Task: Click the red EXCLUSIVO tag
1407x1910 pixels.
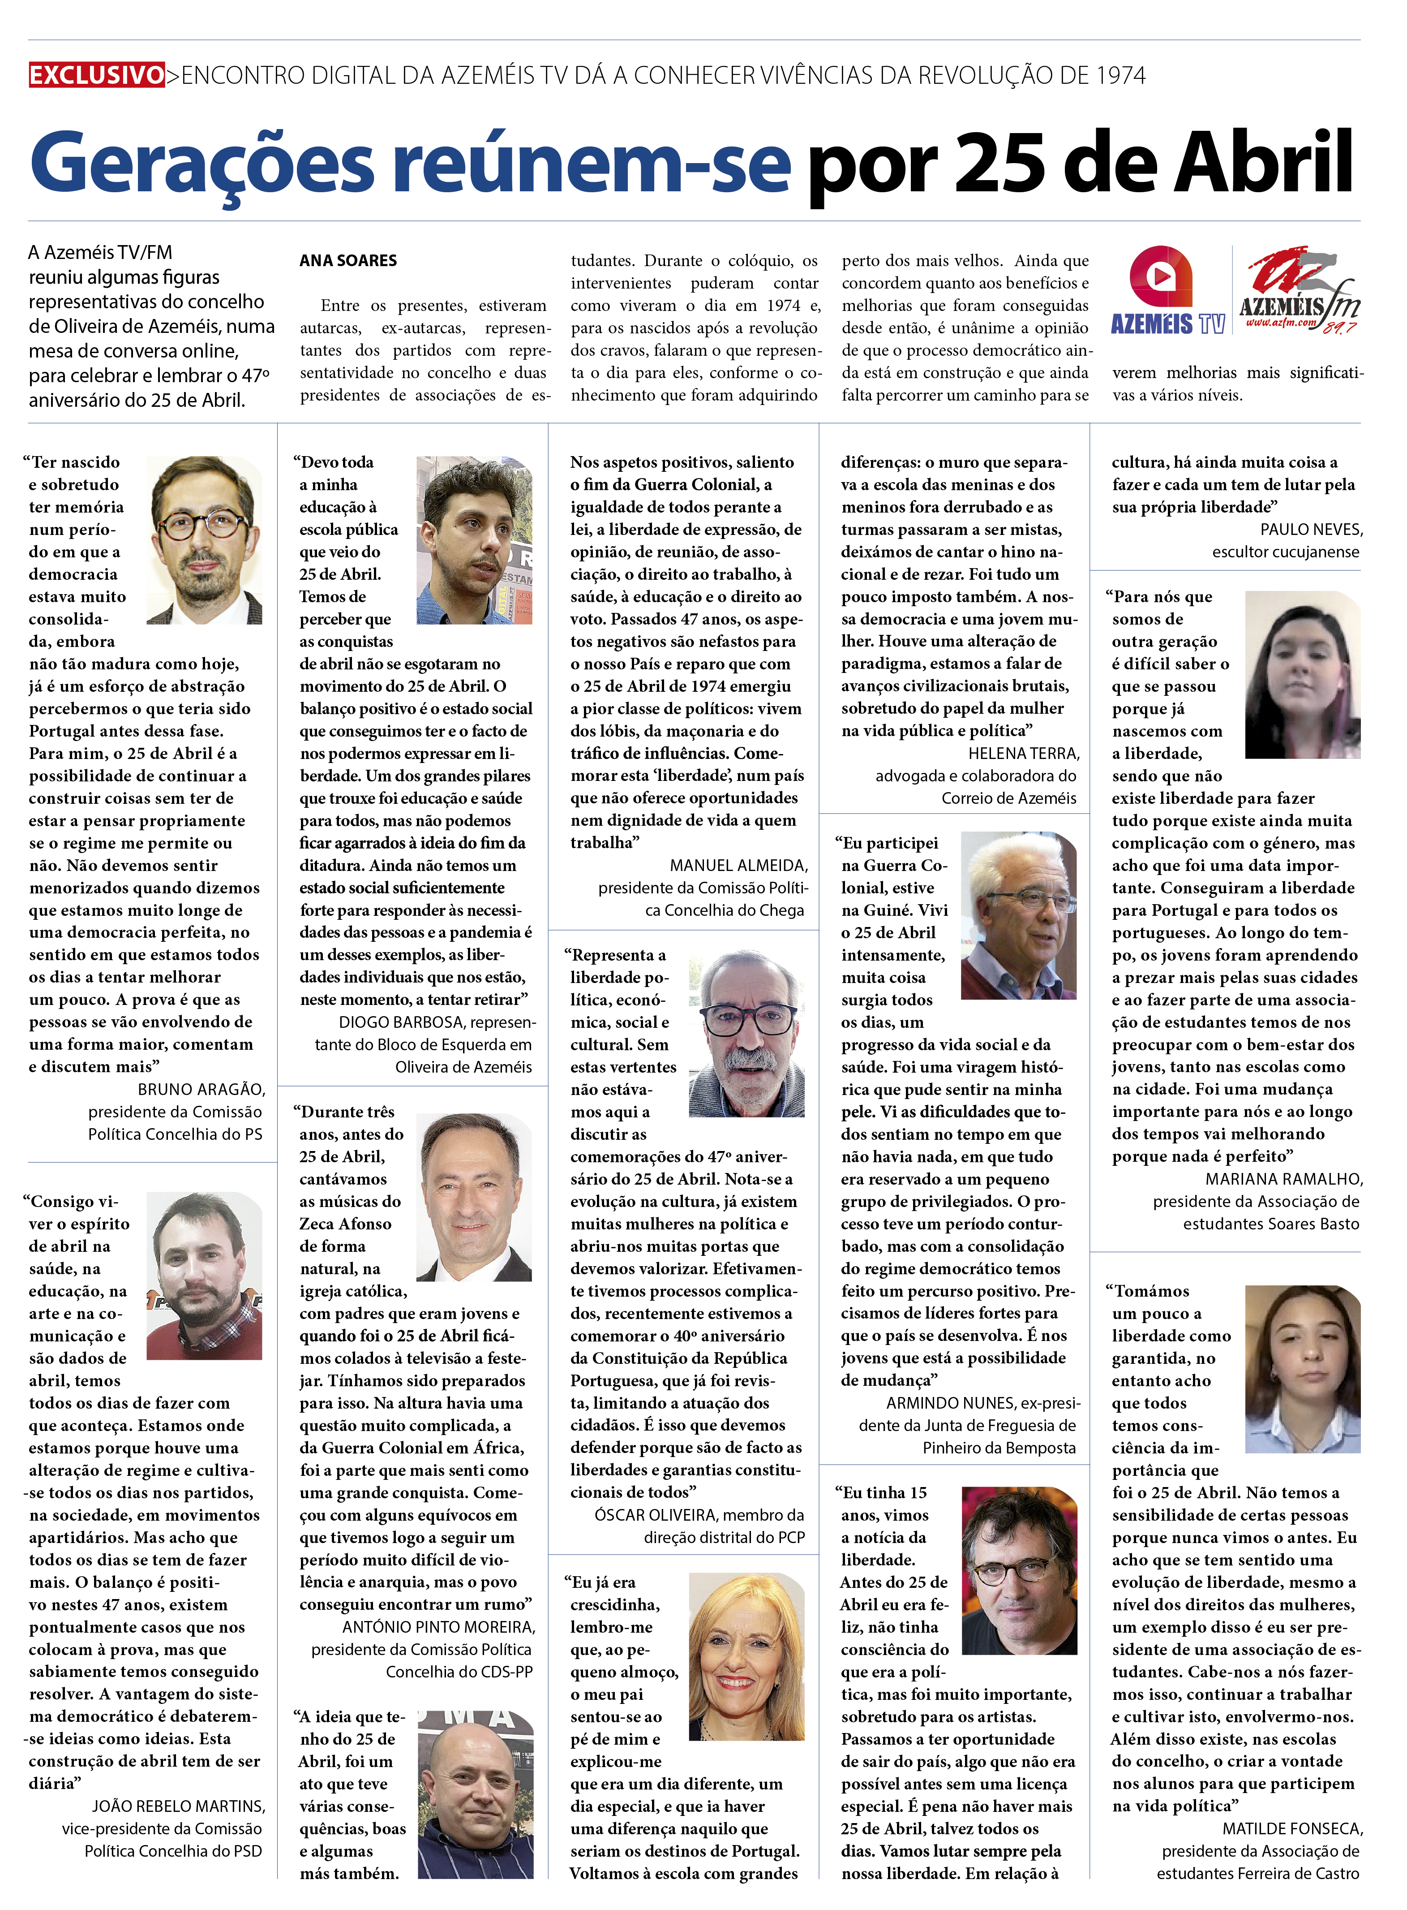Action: pyautogui.click(x=96, y=75)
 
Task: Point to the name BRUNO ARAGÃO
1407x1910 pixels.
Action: pyautogui.click(x=201, y=1090)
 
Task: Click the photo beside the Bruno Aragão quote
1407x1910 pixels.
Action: pyautogui.click(x=204, y=540)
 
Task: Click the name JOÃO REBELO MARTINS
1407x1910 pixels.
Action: pyautogui.click(x=179, y=1806)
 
